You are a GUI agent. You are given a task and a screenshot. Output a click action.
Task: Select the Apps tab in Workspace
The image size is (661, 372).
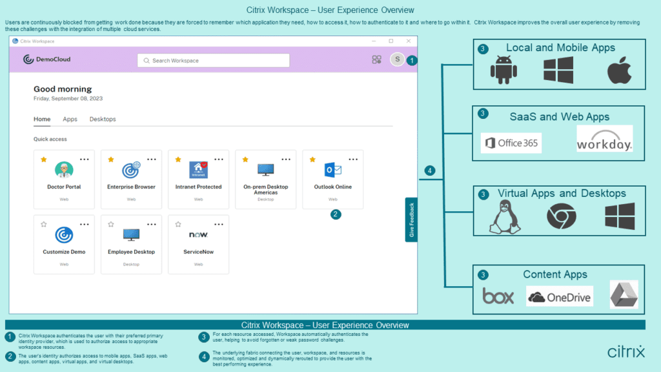[x=70, y=119]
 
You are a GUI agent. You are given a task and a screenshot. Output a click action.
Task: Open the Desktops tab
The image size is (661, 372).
[x=103, y=119]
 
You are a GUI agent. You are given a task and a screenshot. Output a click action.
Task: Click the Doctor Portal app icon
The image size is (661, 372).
[x=64, y=170]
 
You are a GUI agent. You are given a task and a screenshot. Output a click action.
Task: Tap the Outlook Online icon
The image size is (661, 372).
[x=332, y=170]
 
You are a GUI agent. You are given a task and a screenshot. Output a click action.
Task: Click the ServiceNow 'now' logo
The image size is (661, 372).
[x=198, y=234]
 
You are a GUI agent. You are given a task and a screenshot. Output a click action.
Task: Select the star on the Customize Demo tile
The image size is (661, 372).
[x=44, y=224]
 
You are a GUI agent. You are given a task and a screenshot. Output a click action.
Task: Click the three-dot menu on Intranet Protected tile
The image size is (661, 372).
[x=219, y=159]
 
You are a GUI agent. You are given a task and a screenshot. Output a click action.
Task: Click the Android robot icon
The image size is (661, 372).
[x=503, y=70]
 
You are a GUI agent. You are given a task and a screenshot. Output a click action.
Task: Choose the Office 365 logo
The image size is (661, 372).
[x=511, y=143]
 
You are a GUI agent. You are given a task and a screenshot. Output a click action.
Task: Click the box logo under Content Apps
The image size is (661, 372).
[x=498, y=296]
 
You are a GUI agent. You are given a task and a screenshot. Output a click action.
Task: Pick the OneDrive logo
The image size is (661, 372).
[x=559, y=296]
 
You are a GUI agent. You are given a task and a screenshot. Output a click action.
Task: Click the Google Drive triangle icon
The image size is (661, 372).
[x=624, y=295]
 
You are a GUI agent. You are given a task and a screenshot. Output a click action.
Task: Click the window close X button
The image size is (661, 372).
[x=408, y=41]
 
